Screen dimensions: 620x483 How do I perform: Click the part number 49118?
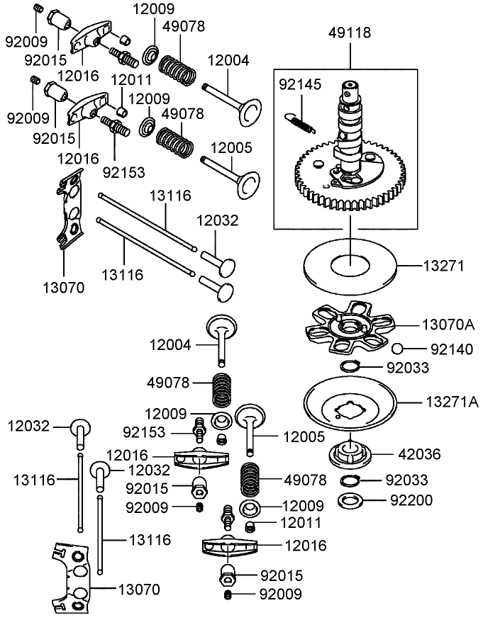pos(350,33)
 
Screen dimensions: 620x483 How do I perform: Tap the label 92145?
pos(300,85)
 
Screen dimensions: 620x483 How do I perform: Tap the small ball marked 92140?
pos(399,348)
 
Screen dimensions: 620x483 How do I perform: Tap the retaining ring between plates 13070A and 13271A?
pos(351,366)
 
